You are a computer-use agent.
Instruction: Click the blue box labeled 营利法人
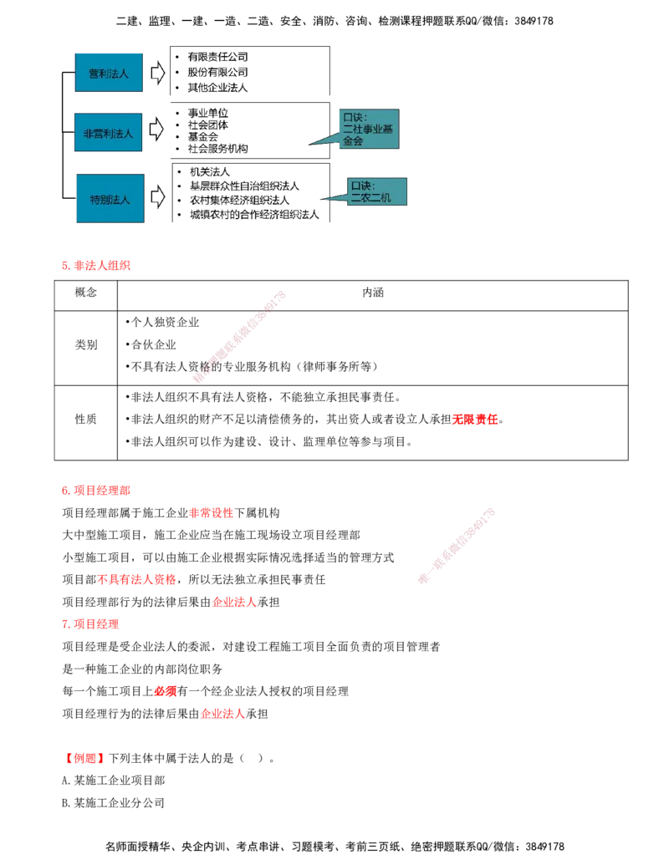pos(109,73)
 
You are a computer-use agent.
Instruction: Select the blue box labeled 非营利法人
pos(108,132)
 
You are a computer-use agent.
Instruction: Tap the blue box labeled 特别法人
pos(110,199)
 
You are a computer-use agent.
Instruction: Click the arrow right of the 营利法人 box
pos(158,73)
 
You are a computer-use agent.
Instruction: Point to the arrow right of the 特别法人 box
pos(158,197)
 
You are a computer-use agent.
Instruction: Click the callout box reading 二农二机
pos(377,191)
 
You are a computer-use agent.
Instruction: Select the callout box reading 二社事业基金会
pos(369,129)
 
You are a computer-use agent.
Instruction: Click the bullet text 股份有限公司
pos(217,72)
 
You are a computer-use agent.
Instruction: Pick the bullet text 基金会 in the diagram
pos(202,137)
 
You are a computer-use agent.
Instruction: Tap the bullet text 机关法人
pos(210,172)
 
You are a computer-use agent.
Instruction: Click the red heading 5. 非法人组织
pos(96,265)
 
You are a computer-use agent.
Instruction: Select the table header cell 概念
pos(86,293)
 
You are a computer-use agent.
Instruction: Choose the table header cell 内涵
pos(373,293)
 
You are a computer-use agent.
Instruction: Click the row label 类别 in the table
pos(86,345)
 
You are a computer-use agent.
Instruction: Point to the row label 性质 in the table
pos(86,420)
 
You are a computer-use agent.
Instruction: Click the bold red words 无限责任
pos(475,420)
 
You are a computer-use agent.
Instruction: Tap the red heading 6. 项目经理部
pos(96,491)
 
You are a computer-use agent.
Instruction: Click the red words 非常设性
pos(212,513)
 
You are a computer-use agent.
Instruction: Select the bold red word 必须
pos(166,691)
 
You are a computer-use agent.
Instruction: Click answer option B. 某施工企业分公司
pos(113,802)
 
